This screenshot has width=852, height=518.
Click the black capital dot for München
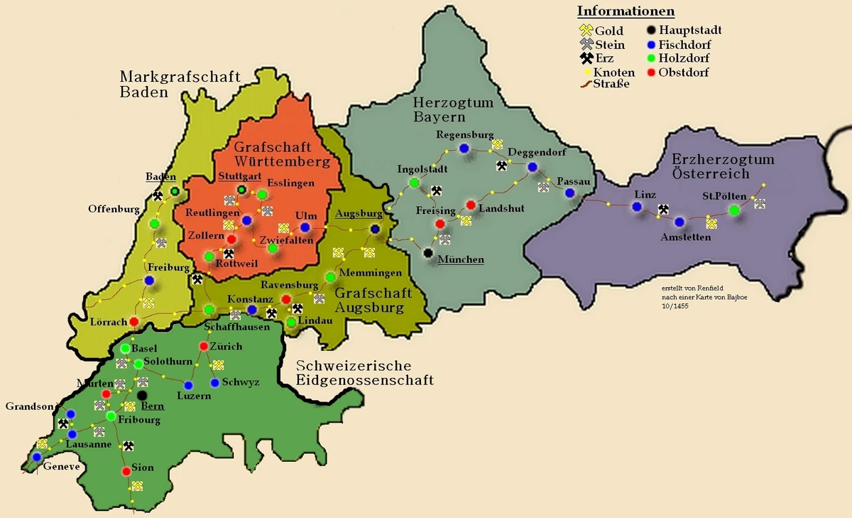428,252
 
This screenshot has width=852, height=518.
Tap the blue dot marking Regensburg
464,148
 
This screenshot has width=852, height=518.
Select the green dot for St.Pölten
733,210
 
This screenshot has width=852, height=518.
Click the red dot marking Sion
126,470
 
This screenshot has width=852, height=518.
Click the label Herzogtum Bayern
453,110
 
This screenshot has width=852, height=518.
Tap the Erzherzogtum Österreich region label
723,167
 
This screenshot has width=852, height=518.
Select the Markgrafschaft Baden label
180,84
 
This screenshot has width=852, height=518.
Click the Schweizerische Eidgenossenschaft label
364,373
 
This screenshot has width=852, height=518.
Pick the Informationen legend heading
626,11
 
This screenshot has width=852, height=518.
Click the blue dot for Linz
637,207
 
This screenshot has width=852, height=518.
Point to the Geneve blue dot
37,457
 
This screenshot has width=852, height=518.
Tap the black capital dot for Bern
143,395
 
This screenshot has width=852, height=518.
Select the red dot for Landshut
470,205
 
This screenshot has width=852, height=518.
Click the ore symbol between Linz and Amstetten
663,209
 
